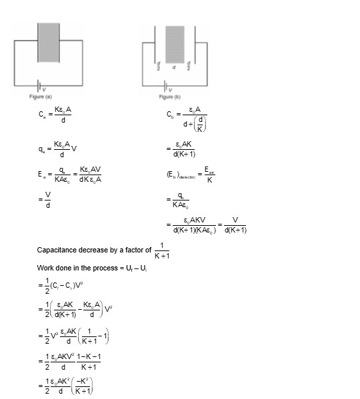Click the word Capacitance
pos(60,250)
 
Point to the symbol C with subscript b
pos(170,115)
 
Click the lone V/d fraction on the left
pos(46,198)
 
